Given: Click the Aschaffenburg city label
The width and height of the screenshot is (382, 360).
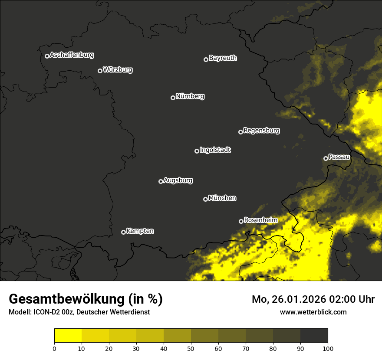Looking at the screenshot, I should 72,55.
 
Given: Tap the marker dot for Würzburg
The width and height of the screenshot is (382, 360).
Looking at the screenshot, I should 100,71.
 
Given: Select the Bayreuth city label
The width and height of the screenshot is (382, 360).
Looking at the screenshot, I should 223,58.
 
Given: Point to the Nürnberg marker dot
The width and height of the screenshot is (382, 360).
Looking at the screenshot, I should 173,98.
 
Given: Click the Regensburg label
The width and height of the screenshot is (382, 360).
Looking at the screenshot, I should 261,131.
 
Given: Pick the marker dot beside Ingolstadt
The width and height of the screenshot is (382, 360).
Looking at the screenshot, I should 197,151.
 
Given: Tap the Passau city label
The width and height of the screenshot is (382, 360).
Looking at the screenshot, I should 339,157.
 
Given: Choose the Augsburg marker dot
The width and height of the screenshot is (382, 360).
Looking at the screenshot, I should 161,181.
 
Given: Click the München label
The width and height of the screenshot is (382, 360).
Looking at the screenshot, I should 222,198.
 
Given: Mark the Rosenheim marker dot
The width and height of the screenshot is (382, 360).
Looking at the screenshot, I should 241,221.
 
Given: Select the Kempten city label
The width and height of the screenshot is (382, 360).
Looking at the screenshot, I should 140,231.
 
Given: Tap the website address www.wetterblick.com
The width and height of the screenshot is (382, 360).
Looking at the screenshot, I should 313,312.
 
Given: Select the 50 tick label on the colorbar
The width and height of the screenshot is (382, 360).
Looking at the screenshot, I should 191,348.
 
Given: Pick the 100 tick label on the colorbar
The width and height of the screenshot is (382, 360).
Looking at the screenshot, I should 328,348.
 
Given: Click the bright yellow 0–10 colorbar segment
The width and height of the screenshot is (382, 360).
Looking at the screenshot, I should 68,336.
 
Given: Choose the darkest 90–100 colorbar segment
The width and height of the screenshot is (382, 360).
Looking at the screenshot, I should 314,336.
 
